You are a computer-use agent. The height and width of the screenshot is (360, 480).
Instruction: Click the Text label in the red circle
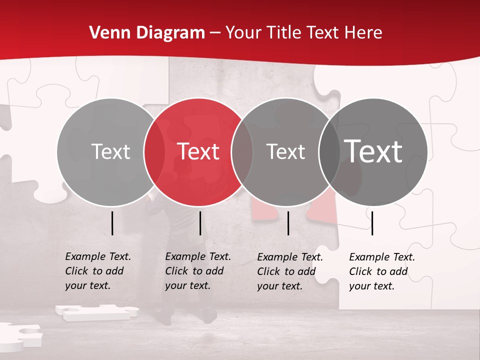[198, 151]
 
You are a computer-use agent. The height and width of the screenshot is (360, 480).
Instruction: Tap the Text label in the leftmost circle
[111, 151]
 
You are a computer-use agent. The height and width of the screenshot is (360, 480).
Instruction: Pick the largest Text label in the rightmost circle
[373, 151]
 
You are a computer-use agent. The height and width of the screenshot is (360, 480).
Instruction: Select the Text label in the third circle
[285, 151]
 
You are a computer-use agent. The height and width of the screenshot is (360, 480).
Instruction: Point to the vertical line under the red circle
[200, 223]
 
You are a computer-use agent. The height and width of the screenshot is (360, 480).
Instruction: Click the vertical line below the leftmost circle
[112, 223]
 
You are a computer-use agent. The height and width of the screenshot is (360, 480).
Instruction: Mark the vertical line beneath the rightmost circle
[372, 223]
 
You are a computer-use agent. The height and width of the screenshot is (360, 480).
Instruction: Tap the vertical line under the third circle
[288, 223]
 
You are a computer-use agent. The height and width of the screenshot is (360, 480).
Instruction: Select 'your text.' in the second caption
[187, 285]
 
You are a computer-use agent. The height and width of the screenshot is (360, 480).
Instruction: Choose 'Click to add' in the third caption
[286, 271]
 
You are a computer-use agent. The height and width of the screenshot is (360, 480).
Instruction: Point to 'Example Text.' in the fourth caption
[382, 257]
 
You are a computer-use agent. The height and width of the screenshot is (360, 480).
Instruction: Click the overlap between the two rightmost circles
[328, 151]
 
